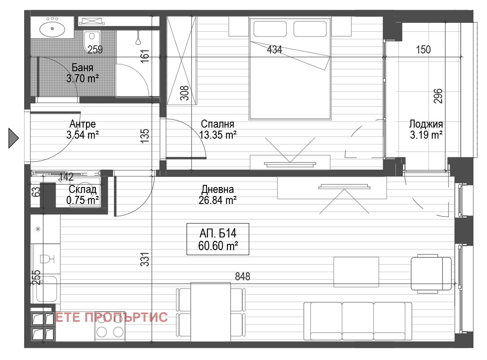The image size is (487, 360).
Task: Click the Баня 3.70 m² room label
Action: click(x=82, y=73)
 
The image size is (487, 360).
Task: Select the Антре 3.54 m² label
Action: click(x=82, y=129)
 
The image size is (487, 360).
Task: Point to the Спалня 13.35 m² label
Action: click(x=217, y=129)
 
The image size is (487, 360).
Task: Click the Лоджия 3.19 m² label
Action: click(x=426, y=129)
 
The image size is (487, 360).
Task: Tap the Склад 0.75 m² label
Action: click(x=82, y=195)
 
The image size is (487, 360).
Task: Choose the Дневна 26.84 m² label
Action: click(x=217, y=195)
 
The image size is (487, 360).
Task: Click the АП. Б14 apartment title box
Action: click(x=218, y=239)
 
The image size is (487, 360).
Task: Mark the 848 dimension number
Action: click(x=242, y=276)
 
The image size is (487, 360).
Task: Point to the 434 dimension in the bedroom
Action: click(x=275, y=49)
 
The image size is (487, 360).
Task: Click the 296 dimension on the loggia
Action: click(x=437, y=96)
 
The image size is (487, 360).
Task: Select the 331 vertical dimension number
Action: click(x=145, y=260)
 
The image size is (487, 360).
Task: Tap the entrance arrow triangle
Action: click(x=14, y=138)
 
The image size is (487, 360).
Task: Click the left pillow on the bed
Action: click(x=270, y=29)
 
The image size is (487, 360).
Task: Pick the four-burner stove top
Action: click(x=110, y=327)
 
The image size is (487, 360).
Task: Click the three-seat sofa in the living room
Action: click(x=357, y=321)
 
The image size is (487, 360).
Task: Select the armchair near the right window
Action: click(x=431, y=273)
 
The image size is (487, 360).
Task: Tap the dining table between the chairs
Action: click(x=211, y=312)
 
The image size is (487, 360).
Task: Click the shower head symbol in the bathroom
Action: click(x=138, y=39)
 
